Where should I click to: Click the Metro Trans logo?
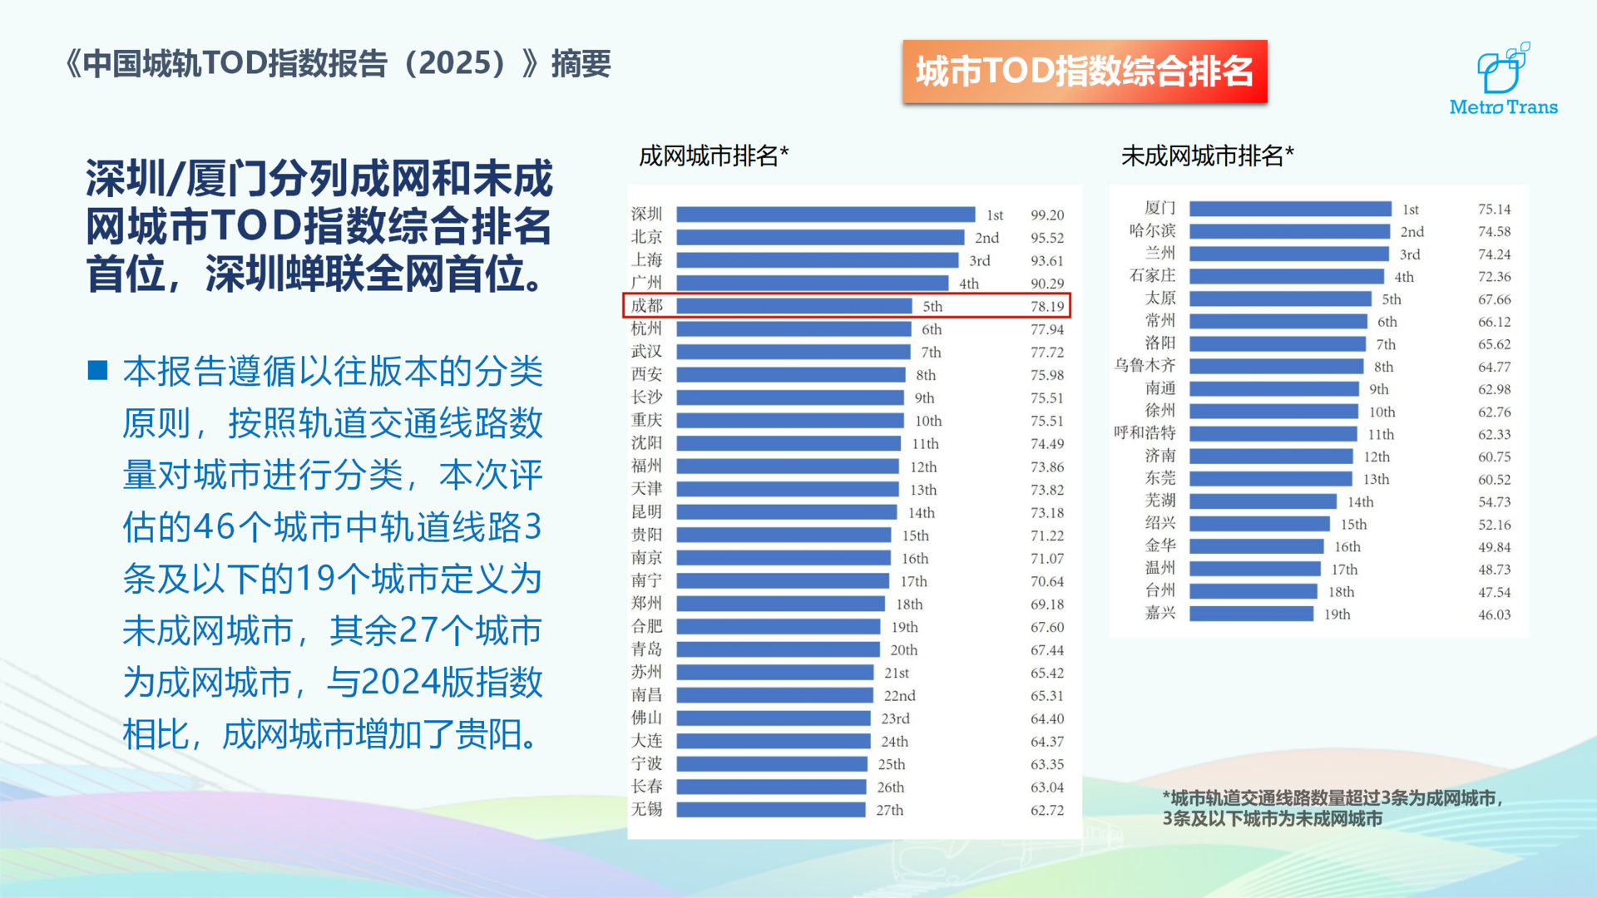(1503, 81)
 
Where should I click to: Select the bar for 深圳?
(825, 215)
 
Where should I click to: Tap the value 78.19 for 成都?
(1046, 306)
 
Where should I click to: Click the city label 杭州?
(646, 328)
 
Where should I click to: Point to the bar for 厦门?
(1289, 209)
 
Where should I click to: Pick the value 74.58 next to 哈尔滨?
(1494, 231)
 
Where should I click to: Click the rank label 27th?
(889, 810)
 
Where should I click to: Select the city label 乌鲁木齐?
(1145, 365)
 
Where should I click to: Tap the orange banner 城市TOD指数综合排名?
(1085, 72)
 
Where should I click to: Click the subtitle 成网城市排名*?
(713, 155)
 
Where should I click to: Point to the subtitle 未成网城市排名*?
(1207, 155)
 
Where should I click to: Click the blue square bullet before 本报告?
(98, 370)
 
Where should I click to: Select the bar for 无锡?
(770, 810)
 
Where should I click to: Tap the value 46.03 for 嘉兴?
(1494, 614)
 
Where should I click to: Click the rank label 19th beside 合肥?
(904, 627)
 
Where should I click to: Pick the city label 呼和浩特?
(1145, 432)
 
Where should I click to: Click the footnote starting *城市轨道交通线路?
(1331, 808)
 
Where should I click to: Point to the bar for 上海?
(817, 260)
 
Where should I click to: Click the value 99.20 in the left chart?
(1046, 215)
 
